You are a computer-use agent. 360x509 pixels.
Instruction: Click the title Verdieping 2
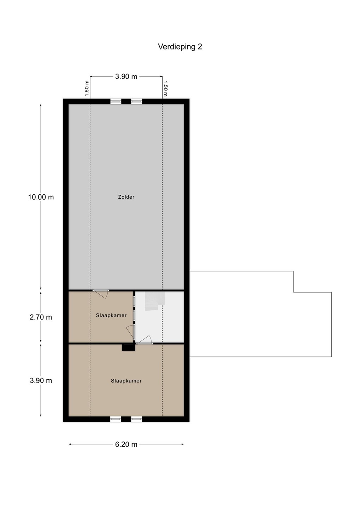[180, 47]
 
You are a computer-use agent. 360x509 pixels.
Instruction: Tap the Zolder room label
[126, 197]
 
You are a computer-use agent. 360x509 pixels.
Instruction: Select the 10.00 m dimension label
[41, 197]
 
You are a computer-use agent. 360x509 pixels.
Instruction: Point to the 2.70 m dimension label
[41, 317]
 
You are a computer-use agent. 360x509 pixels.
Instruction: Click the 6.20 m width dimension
[126, 444]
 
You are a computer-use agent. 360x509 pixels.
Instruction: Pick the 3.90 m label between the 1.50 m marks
[126, 77]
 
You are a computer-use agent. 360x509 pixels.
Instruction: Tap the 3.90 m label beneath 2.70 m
[41, 380]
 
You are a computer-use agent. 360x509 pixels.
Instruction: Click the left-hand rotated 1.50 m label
[87, 88]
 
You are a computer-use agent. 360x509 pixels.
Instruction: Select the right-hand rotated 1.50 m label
[165, 88]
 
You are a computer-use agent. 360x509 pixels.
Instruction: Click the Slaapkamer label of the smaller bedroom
[111, 315]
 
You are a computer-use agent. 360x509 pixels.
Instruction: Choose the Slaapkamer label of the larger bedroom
[126, 381]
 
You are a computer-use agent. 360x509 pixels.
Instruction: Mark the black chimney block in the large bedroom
[129, 347]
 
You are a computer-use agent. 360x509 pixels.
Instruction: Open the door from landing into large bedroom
[144, 340]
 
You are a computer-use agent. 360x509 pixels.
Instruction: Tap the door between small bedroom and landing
[131, 332]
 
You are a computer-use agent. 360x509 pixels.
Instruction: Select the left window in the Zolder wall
[116, 101]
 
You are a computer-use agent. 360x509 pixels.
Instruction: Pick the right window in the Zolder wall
[136, 101]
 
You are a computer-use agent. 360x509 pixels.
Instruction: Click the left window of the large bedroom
[116, 419]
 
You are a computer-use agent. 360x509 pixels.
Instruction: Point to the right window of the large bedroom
[136, 419]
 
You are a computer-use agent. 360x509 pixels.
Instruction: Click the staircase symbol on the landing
[155, 301]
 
